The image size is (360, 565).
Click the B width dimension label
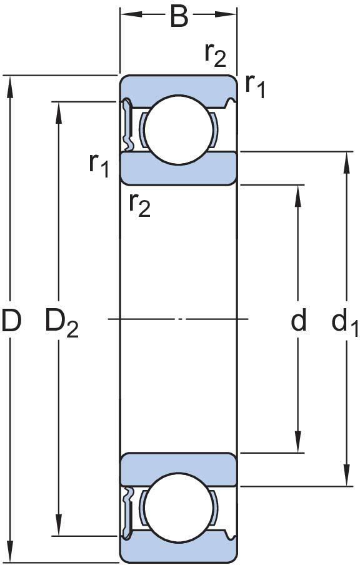pos(179,17)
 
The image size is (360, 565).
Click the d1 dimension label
pos(344,322)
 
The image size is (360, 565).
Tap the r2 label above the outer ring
pos(216,56)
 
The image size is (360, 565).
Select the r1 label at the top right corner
pos(255,87)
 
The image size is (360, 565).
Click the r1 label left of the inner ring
pos(99,166)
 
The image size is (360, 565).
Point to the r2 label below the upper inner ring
pos(140,206)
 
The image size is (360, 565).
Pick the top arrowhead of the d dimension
pos(298,196)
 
